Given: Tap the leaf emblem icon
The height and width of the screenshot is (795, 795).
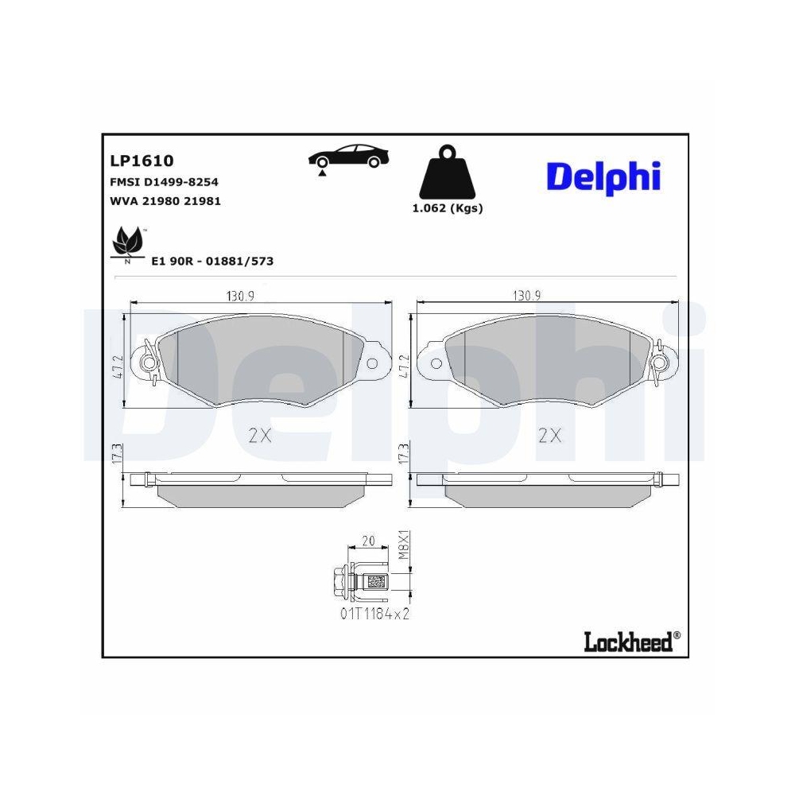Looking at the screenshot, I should (x=127, y=242).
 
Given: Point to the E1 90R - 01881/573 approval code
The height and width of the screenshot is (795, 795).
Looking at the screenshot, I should (x=211, y=261).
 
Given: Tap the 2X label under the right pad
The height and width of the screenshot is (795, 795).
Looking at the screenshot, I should (x=549, y=435).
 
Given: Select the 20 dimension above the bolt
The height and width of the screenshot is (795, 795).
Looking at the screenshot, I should (x=368, y=541).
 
